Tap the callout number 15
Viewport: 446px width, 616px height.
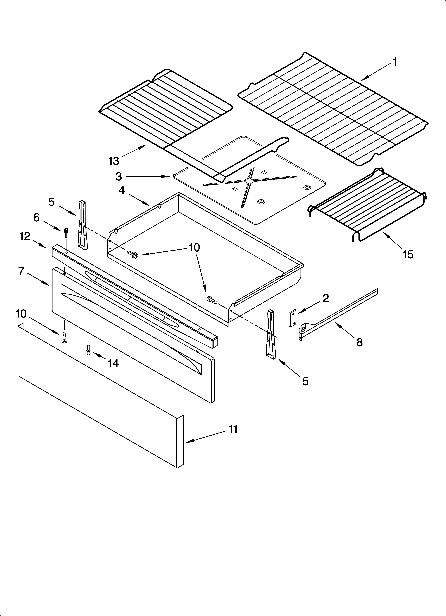408,255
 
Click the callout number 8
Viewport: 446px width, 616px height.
359,342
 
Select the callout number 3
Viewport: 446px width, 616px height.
119,177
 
